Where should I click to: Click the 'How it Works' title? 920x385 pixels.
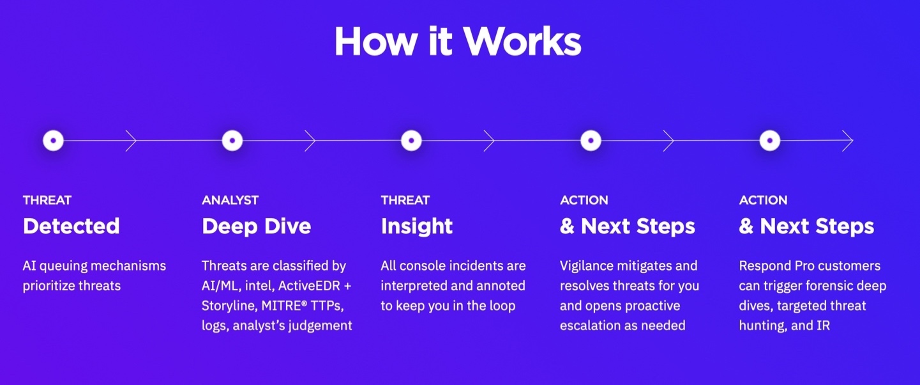458,41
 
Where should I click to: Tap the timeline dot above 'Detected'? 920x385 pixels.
54,141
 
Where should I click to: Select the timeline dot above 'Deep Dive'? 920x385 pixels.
232,141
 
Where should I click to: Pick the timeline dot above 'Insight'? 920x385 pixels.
412,141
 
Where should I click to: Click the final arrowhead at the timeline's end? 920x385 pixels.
848,141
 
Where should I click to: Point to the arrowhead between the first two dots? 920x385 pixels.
131,141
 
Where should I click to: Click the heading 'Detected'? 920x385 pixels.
72,226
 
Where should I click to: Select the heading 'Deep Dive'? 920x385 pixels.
256,226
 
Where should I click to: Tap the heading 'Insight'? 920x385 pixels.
417,226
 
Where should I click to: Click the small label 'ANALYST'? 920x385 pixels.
230,200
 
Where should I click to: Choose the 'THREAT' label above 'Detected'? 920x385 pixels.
47,200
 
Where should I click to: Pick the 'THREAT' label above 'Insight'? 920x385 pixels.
405,200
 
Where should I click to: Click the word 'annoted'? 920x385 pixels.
501,286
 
